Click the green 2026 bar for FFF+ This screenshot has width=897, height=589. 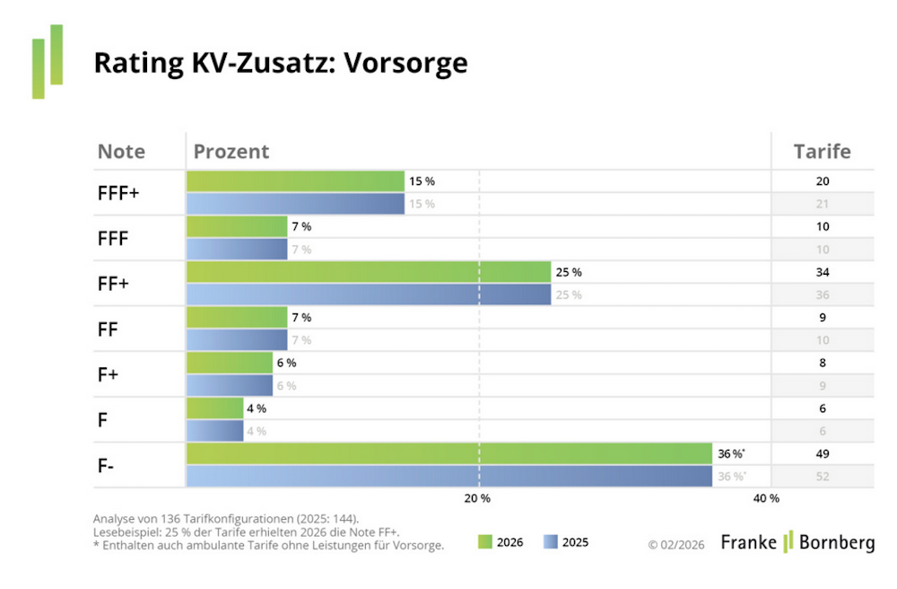295,181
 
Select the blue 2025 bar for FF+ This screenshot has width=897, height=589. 368,294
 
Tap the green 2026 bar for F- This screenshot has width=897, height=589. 448,453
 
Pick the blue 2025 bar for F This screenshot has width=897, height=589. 214,431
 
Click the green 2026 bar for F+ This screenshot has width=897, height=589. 229,363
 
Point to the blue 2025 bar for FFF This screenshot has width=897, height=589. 237,250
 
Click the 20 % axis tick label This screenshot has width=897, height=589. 477,498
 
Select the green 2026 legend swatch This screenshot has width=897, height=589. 485,541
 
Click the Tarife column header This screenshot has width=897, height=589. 822,151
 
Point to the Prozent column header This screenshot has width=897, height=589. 231,151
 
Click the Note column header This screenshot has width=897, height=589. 121,151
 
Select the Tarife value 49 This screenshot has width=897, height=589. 823,453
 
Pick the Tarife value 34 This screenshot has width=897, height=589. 823,272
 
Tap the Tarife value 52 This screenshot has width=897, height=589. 823,476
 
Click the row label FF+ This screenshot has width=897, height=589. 113,284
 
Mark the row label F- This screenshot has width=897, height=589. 106,465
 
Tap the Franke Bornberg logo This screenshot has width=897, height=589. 797,541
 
